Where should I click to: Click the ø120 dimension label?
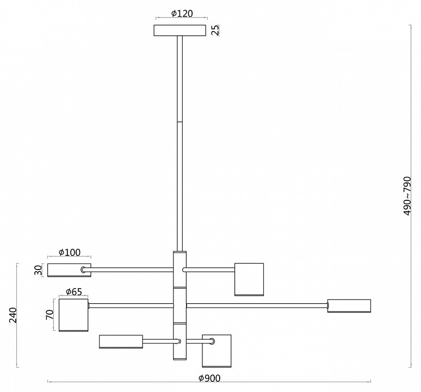click(x=182, y=14)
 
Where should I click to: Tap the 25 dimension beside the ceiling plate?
click(x=215, y=30)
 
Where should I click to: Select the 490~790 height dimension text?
click(x=407, y=196)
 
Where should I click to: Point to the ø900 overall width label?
click(x=209, y=378)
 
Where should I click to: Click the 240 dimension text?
click(x=13, y=315)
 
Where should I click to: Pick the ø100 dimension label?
click(x=69, y=253)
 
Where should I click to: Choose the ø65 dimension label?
click(x=73, y=292)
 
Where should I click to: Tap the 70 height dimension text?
click(x=49, y=315)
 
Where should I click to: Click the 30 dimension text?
click(x=39, y=270)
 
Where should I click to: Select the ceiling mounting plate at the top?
click(x=180, y=30)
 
